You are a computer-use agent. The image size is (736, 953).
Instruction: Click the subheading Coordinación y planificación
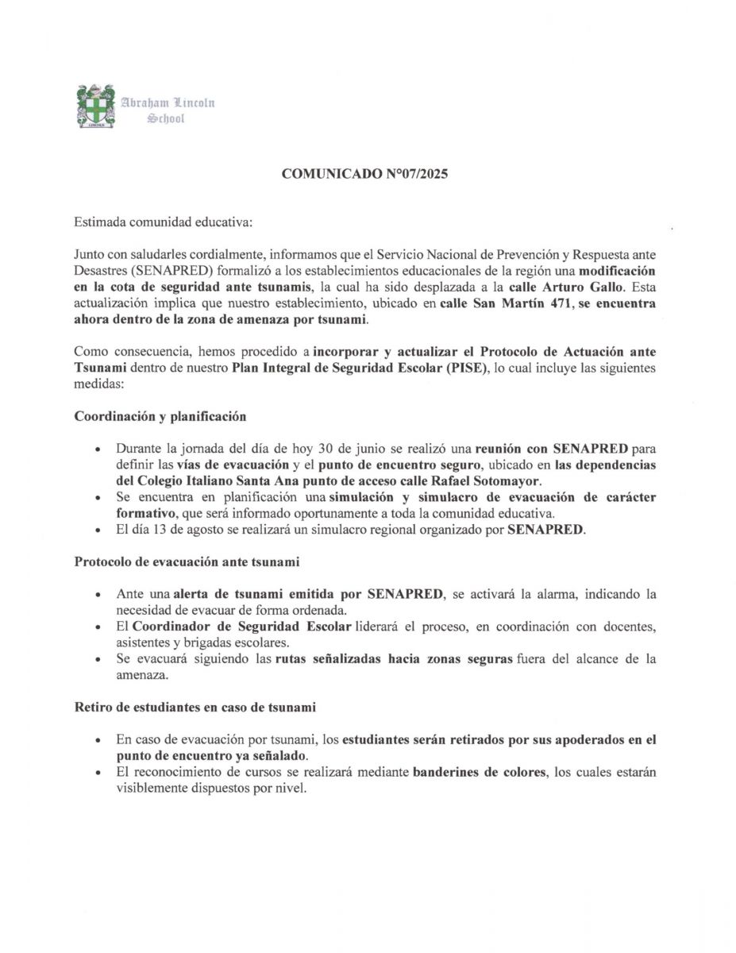click(x=160, y=415)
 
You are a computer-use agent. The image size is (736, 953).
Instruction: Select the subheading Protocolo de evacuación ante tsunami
click(x=187, y=563)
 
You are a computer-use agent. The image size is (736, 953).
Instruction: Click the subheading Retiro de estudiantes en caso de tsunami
click(x=198, y=708)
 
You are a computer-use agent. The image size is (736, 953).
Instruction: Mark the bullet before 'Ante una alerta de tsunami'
click(x=97, y=595)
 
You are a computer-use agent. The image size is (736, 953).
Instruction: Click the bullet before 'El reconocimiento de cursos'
click(x=97, y=773)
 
